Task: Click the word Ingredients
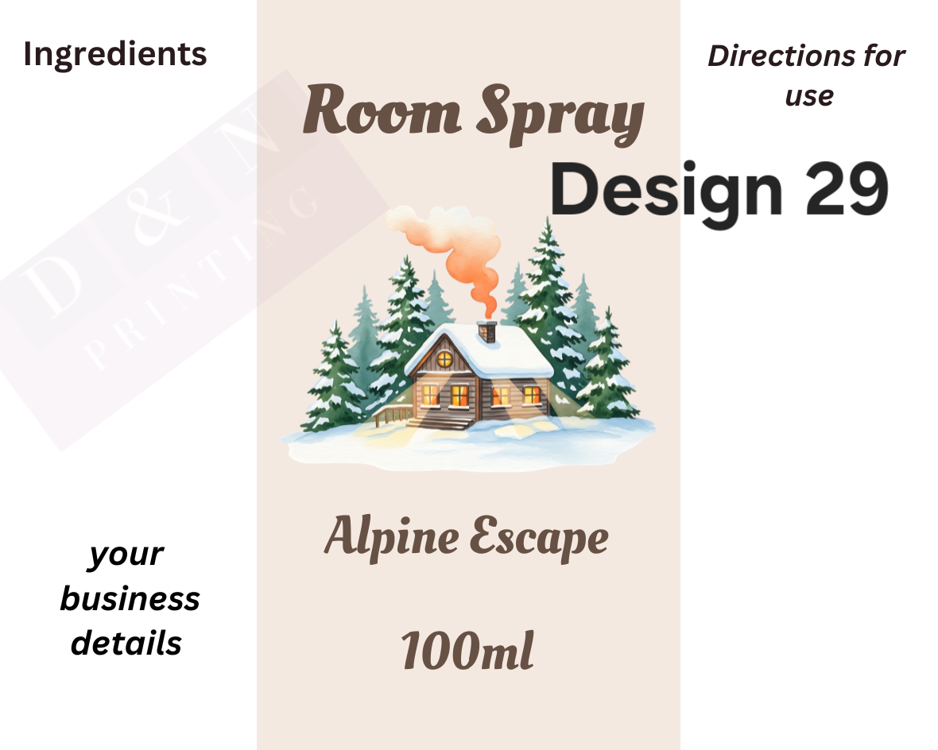tap(115, 55)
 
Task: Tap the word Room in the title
tap(382, 112)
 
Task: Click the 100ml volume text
tap(467, 651)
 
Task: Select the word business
tap(130, 598)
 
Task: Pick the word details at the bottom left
tap(126, 642)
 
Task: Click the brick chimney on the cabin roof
tap(486, 331)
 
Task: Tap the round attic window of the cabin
tap(444, 359)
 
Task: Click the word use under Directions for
tap(808, 96)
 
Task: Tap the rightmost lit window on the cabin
tap(531, 394)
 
